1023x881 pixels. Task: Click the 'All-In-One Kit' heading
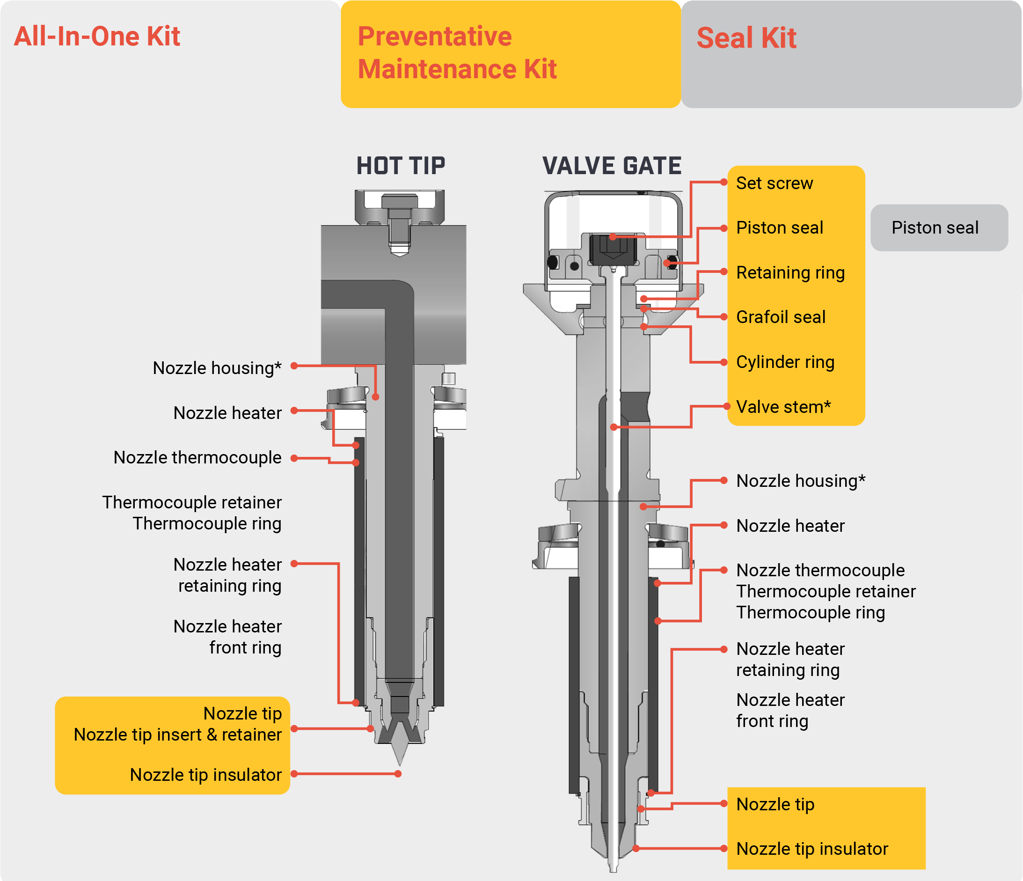pyautogui.click(x=97, y=37)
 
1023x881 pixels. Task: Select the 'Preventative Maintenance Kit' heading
pyautogui.click(x=457, y=52)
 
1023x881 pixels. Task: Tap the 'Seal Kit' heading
pyautogui.click(x=746, y=38)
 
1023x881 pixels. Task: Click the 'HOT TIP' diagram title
pyautogui.click(x=401, y=165)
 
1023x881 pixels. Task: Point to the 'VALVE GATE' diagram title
pyautogui.click(x=612, y=165)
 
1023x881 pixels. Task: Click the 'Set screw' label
pyautogui.click(x=774, y=183)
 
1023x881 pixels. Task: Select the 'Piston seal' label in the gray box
pyautogui.click(x=935, y=228)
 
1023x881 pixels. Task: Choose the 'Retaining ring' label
pyautogui.click(x=790, y=272)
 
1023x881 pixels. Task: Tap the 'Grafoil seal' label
pyautogui.click(x=781, y=317)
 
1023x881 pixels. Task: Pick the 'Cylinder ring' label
pyautogui.click(x=785, y=362)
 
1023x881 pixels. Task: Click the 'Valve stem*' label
pyautogui.click(x=783, y=407)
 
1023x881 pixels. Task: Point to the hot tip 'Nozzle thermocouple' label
pyautogui.click(x=197, y=458)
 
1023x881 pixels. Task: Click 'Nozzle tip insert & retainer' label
pyautogui.click(x=178, y=735)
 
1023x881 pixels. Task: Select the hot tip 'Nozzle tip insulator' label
pyautogui.click(x=205, y=775)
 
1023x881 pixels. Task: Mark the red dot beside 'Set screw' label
pyautogui.click(x=724, y=182)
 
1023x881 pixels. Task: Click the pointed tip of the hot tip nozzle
pyautogui.click(x=400, y=765)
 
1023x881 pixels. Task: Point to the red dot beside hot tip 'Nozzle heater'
pyautogui.click(x=294, y=411)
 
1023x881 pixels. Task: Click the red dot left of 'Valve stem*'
pyautogui.click(x=727, y=406)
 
